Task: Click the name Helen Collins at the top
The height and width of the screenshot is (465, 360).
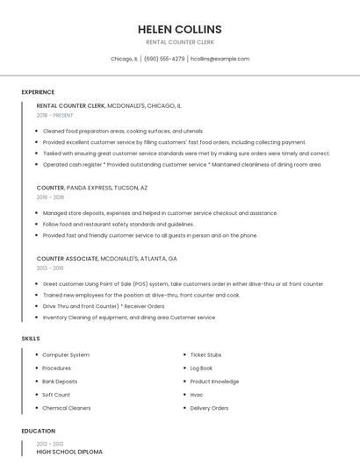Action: pos(179,29)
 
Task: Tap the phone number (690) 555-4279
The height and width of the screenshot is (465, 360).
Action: pos(164,59)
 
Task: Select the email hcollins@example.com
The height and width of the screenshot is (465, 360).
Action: pos(220,59)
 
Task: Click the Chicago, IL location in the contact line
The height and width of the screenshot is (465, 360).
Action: pos(124,59)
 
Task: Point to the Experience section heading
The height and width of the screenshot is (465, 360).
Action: pos(38,92)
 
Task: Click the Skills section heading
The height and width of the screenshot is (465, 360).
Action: pos(31,338)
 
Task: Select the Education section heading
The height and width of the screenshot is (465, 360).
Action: pos(38,431)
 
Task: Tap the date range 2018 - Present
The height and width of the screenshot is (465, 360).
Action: pos(55,115)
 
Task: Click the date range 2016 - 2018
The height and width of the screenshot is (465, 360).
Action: pos(50,197)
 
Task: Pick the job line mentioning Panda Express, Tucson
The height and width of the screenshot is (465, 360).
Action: pos(92,188)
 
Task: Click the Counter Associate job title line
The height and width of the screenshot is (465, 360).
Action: pos(106,259)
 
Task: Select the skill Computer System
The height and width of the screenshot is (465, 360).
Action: pos(66,354)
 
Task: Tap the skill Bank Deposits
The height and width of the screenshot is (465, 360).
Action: pos(60,382)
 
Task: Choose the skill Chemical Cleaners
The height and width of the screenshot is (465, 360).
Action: pos(67,408)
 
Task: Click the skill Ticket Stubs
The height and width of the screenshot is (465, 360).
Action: pos(205,354)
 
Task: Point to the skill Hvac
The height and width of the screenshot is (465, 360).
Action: pos(197,395)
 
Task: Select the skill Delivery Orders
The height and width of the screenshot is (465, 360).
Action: pos(209,408)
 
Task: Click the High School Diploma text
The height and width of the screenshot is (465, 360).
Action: pos(69,452)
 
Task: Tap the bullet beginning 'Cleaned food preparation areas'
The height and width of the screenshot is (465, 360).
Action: pos(122,131)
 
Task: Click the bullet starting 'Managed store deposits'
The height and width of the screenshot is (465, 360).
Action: pos(160,213)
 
